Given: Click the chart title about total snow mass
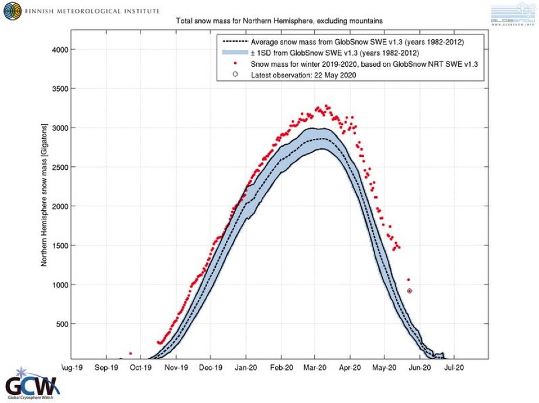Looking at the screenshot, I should coord(280,21).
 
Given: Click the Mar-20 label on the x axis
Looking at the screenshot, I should coord(315,368).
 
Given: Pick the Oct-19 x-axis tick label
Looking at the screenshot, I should coord(140,368).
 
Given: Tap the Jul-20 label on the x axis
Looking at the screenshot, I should coord(454,368).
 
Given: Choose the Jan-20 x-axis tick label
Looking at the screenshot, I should coord(246,368).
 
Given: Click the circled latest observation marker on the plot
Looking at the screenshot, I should coord(410,291).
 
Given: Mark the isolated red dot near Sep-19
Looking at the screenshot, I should coord(130,354).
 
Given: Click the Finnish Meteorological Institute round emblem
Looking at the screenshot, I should coord(11,11).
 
